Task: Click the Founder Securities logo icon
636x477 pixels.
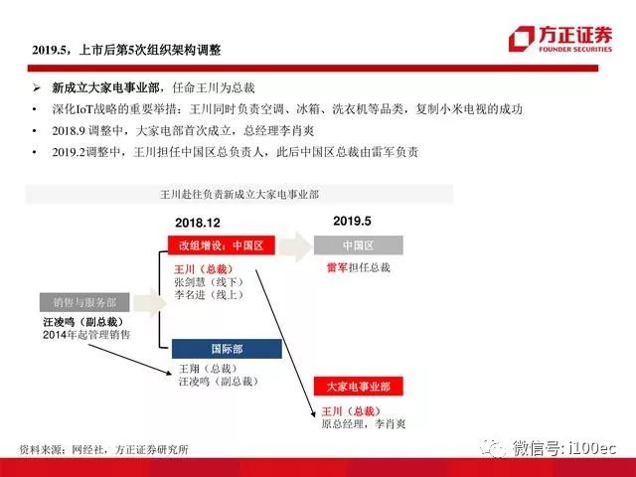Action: click(x=522, y=39)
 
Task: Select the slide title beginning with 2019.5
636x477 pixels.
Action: click(x=126, y=50)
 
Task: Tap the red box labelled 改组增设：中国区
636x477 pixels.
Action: click(x=222, y=245)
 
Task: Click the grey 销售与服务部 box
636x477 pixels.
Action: click(x=84, y=302)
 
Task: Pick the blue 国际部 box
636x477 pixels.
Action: click(x=227, y=349)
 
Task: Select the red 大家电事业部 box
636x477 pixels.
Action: click(x=359, y=387)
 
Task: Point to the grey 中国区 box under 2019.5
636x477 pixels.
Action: click(x=359, y=245)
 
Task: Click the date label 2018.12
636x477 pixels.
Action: click(x=198, y=223)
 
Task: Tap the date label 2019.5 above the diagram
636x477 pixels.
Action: click(x=352, y=221)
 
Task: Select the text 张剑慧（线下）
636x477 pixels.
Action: click(x=210, y=282)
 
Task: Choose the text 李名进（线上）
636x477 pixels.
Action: click(x=210, y=294)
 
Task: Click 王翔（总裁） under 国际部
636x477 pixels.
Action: click(x=208, y=369)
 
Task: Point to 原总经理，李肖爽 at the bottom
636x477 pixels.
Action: click(x=364, y=424)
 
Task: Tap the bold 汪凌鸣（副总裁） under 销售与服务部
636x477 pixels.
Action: click(x=83, y=322)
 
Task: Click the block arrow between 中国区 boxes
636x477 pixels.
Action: click(x=295, y=246)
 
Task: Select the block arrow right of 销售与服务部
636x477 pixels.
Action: click(x=149, y=303)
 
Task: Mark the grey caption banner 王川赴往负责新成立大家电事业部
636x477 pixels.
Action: click(x=239, y=195)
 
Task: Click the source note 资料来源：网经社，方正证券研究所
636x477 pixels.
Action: click(x=104, y=449)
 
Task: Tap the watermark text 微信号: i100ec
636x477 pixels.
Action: click(x=564, y=448)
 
